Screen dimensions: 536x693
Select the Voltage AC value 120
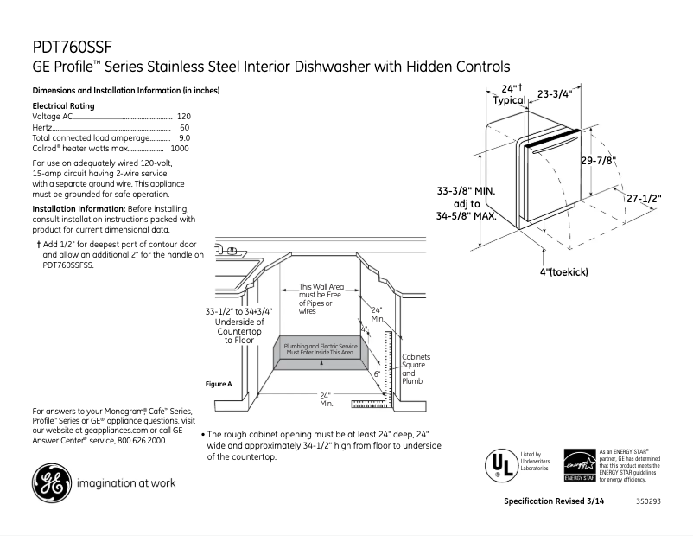(x=183, y=116)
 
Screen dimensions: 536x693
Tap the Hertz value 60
(x=184, y=127)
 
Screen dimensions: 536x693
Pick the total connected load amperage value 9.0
(x=184, y=137)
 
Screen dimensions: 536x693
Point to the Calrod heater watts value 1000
(x=180, y=149)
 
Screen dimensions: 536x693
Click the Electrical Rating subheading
(x=63, y=105)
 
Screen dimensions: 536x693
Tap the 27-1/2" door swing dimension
(x=644, y=198)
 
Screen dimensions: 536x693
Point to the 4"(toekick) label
(x=563, y=271)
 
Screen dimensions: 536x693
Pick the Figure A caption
(x=219, y=384)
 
